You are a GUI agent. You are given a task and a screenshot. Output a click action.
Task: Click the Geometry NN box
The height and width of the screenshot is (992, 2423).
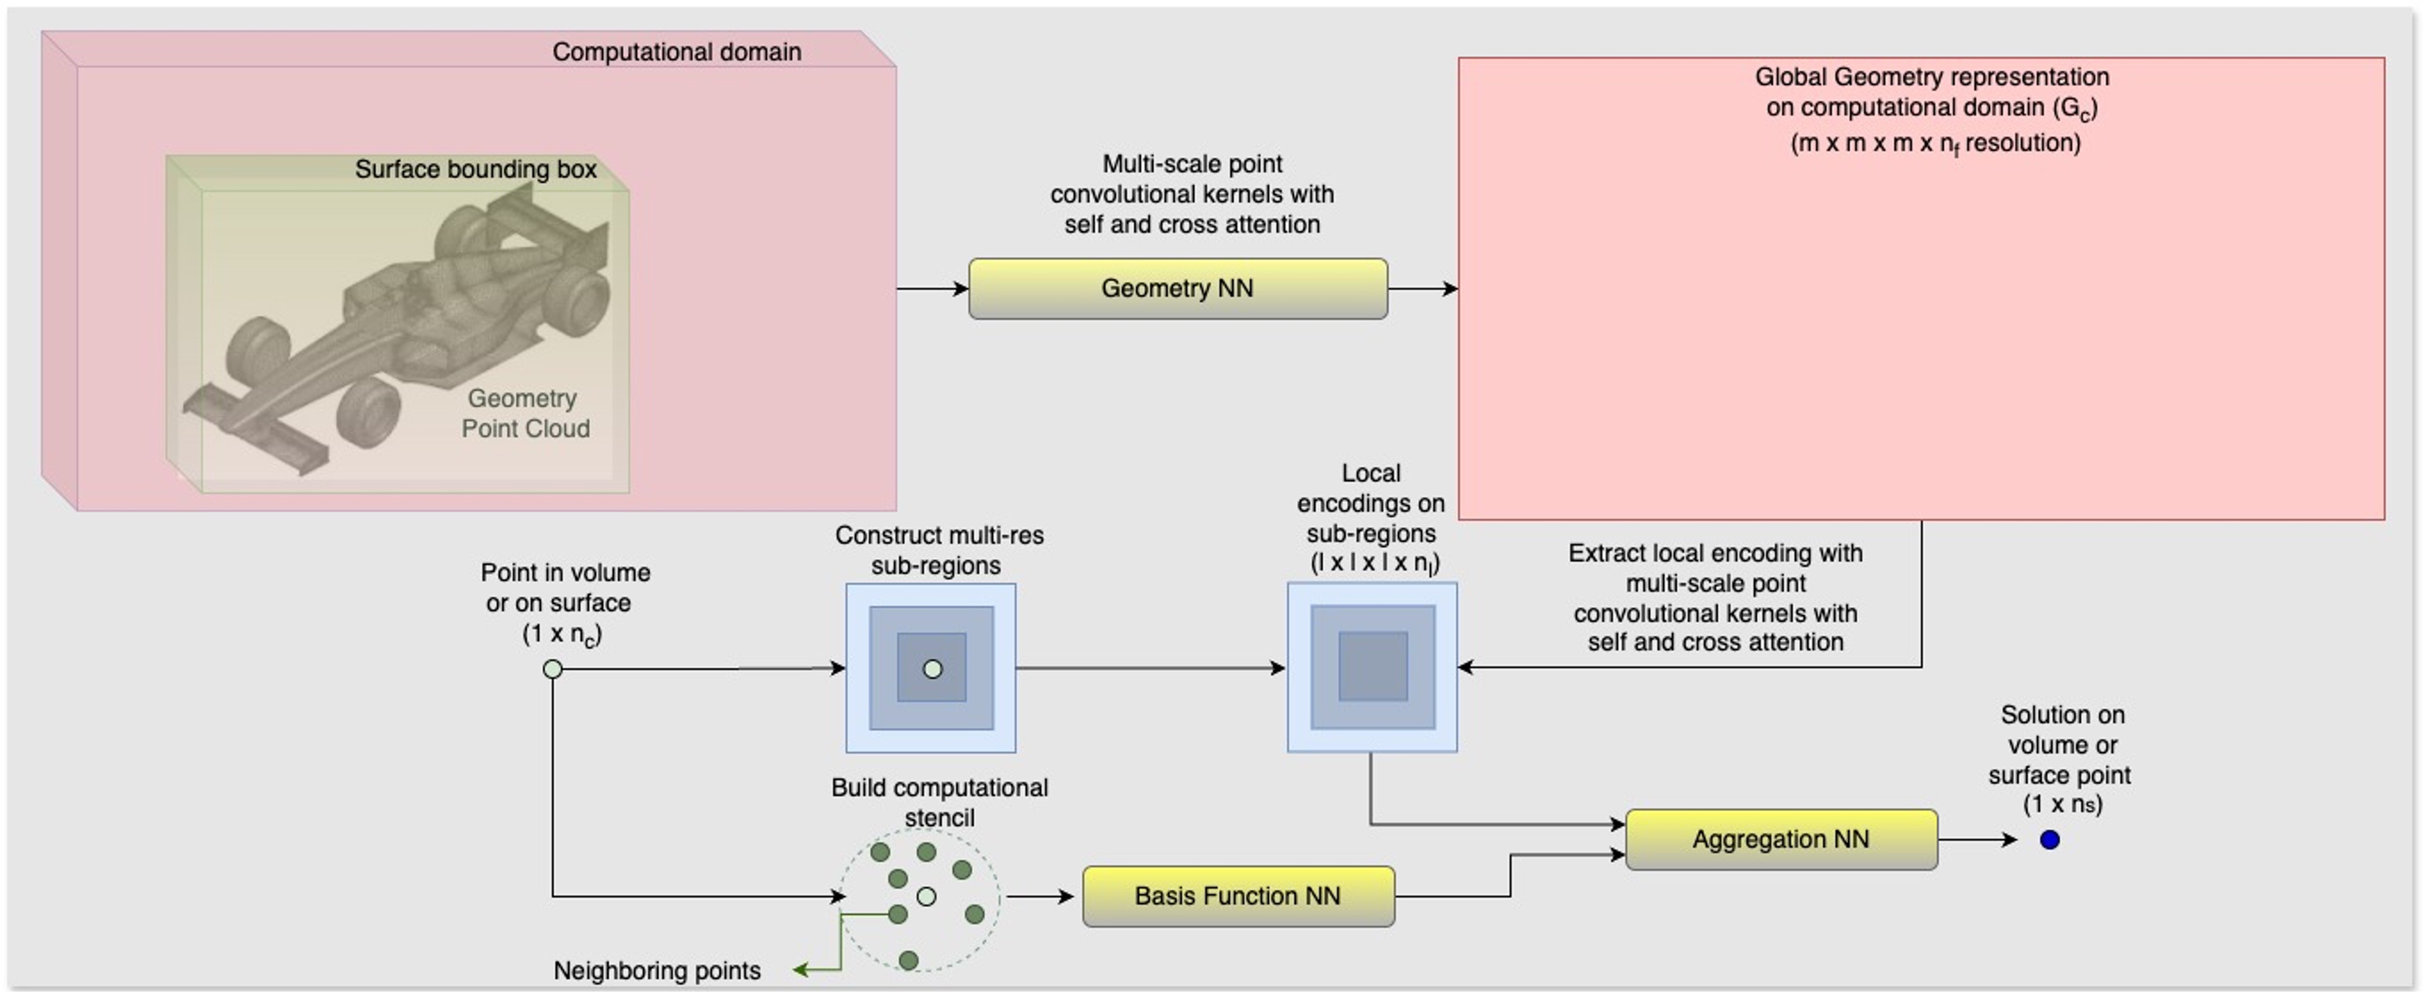click(1178, 289)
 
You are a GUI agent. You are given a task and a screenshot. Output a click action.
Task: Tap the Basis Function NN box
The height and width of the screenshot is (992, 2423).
click(1238, 896)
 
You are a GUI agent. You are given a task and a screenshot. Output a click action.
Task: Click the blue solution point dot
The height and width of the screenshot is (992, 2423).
click(2050, 840)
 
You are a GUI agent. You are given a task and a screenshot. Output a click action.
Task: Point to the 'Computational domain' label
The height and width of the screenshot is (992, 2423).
click(676, 52)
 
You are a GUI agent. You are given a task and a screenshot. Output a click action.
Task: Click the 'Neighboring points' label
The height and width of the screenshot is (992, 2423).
click(657, 970)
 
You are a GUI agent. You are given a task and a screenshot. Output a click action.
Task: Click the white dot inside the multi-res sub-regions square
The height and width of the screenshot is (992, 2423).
click(932, 668)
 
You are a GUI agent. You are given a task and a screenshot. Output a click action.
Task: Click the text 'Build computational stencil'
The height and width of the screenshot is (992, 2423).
click(939, 802)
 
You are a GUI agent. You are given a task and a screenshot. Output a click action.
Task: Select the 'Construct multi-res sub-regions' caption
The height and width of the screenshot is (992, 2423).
click(939, 550)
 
